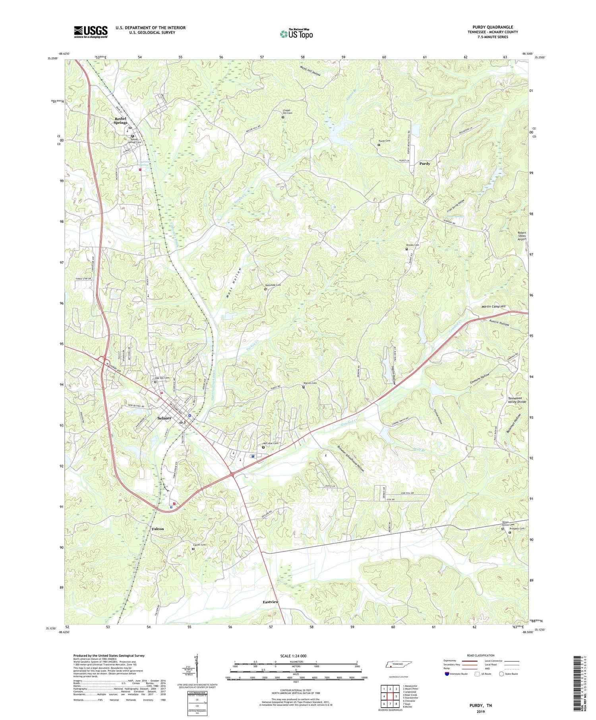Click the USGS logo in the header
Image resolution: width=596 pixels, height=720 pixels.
[x=91, y=31]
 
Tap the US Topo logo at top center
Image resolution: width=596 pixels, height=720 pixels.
[x=296, y=34]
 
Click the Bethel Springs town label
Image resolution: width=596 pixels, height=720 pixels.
[x=120, y=121]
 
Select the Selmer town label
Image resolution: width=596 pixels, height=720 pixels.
[x=164, y=418]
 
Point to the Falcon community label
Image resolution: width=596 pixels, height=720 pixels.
[x=158, y=529]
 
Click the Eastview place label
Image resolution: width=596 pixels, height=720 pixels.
[x=271, y=602]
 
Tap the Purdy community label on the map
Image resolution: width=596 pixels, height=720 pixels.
[x=425, y=164]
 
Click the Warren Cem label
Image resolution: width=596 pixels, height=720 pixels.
[x=310, y=383]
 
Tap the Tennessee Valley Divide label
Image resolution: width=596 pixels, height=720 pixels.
[x=517, y=400]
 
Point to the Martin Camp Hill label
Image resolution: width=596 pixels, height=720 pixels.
[x=492, y=307]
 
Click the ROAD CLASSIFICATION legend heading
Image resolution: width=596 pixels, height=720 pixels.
[x=480, y=655]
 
